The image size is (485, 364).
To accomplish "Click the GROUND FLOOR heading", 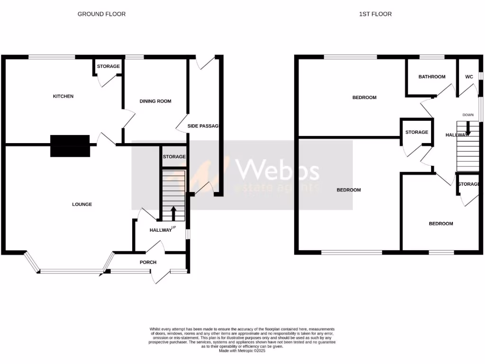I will click(x=101, y=14).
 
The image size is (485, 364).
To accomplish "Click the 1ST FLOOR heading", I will click(x=375, y=14).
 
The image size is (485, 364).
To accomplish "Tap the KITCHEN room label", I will click(x=63, y=96).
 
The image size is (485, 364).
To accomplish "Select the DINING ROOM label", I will click(x=155, y=101).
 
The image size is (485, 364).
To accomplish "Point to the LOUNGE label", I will click(x=82, y=204).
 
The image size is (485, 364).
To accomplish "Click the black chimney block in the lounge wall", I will click(x=70, y=146).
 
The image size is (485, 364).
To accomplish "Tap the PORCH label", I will click(x=148, y=262).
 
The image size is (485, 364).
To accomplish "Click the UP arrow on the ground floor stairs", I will click(x=173, y=213).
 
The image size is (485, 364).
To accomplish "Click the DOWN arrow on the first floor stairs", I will click(x=468, y=127).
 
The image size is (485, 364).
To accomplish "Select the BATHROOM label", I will click(x=432, y=77).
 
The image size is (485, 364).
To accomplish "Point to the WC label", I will click(x=469, y=77).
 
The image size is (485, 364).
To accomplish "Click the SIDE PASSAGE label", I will click(x=205, y=126).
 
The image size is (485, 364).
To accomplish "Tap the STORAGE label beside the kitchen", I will click(x=108, y=66).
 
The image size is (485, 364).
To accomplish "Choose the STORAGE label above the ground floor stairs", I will click(x=174, y=156).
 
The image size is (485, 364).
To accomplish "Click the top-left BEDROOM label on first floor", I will click(x=364, y=98).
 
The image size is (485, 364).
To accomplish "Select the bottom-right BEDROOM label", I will click(x=440, y=224).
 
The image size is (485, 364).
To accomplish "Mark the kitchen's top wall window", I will click(x=52, y=57).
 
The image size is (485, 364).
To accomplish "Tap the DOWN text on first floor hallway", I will click(x=468, y=115).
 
